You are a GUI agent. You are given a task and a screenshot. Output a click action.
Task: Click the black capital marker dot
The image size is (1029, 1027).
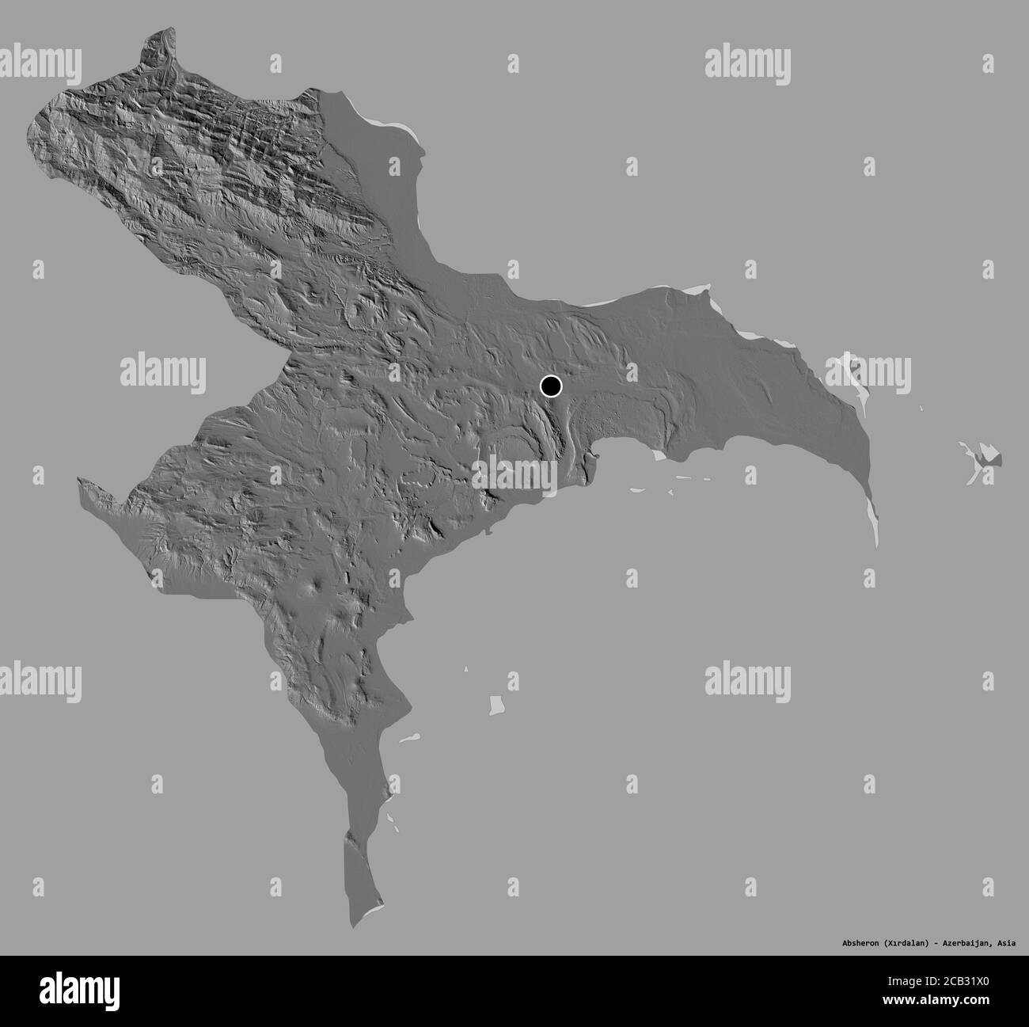click(551, 386)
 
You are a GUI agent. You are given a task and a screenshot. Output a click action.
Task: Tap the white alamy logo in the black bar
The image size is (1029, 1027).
click(78, 990)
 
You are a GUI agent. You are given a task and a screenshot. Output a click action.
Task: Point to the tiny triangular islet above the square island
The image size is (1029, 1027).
click(467, 671)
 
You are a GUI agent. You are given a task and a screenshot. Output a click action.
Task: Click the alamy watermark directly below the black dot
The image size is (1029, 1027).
click(514, 473)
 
